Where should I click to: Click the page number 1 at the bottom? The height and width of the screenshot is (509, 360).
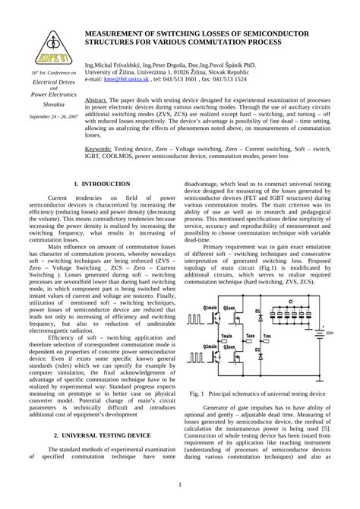(179, 485)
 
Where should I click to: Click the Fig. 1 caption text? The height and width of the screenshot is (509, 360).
(257, 394)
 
